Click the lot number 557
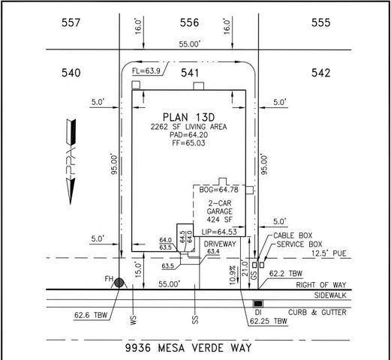[x=71, y=23]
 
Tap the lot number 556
[x=191, y=23]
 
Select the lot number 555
[x=321, y=23]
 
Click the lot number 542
[x=321, y=73]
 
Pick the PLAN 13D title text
[x=190, y=118]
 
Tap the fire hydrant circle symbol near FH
[x=119, y=281]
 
